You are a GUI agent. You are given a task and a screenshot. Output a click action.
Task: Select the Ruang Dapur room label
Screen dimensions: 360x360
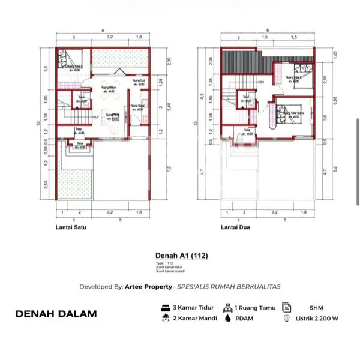136,107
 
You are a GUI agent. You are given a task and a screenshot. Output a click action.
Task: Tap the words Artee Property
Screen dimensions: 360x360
153,287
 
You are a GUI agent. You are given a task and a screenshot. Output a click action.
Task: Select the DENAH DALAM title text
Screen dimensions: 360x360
55,313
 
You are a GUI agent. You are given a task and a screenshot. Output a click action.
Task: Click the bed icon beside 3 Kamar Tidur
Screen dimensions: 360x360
165,307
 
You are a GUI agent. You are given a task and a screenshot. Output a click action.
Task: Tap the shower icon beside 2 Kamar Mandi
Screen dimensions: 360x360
165,319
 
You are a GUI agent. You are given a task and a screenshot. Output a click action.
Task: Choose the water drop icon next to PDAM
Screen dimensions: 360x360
228,319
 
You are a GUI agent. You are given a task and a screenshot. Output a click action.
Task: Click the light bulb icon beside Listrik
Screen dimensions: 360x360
287,319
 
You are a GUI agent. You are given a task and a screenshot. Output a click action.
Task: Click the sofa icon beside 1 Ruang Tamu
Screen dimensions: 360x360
228,307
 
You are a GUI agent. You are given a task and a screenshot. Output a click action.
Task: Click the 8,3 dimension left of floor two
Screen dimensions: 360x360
203,96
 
